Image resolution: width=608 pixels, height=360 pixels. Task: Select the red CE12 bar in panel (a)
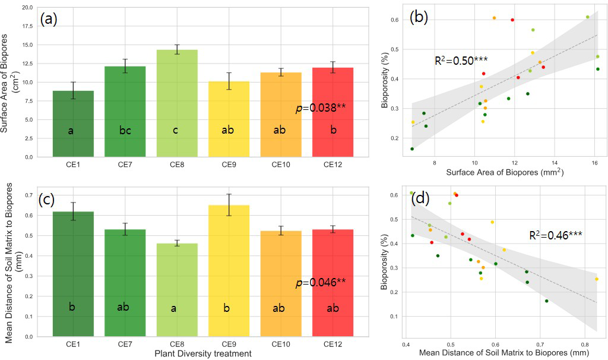(x=333, y=113)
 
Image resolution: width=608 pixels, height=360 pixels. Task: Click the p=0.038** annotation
(x=321, y=108)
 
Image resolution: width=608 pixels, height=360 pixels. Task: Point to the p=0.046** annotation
(x=321, y=283)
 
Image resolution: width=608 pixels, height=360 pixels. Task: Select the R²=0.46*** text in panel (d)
(x=555, y=235)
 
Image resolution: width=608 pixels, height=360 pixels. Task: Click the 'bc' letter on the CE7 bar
(x=125, y=131)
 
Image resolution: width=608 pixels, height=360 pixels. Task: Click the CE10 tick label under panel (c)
(x=281, y=344)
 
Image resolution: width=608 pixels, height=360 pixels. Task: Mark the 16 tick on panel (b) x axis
(x=594, y=163)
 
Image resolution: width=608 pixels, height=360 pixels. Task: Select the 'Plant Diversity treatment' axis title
(x=202, y=354)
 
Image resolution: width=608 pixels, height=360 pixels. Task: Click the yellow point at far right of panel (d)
(x=597, y=279)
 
